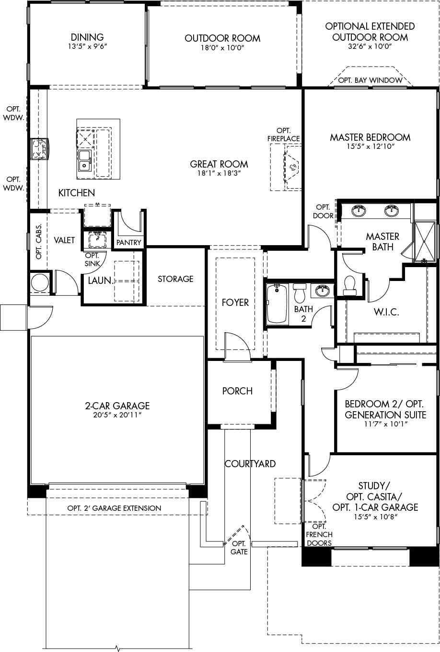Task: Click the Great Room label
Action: click(220, 164)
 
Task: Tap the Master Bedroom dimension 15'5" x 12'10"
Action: click(370, 146)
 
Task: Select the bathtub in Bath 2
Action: click(277, 304)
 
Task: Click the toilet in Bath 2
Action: click(300, 291)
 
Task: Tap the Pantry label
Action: click(128, 242)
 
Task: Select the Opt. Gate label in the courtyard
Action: click(239, 548)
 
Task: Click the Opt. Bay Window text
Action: click(370, 80)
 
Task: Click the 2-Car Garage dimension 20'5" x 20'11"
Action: click(117, 415)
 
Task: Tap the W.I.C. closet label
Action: click(386, 312)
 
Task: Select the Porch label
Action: click(237, 391)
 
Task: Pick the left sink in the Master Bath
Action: click(358, 210)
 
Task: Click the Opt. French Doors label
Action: click(319, 535)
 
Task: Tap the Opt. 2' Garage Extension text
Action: click(114, 508)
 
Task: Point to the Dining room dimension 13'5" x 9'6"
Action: click(87, 46)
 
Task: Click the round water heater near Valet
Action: click(39, 283)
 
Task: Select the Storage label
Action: click(175, 279)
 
